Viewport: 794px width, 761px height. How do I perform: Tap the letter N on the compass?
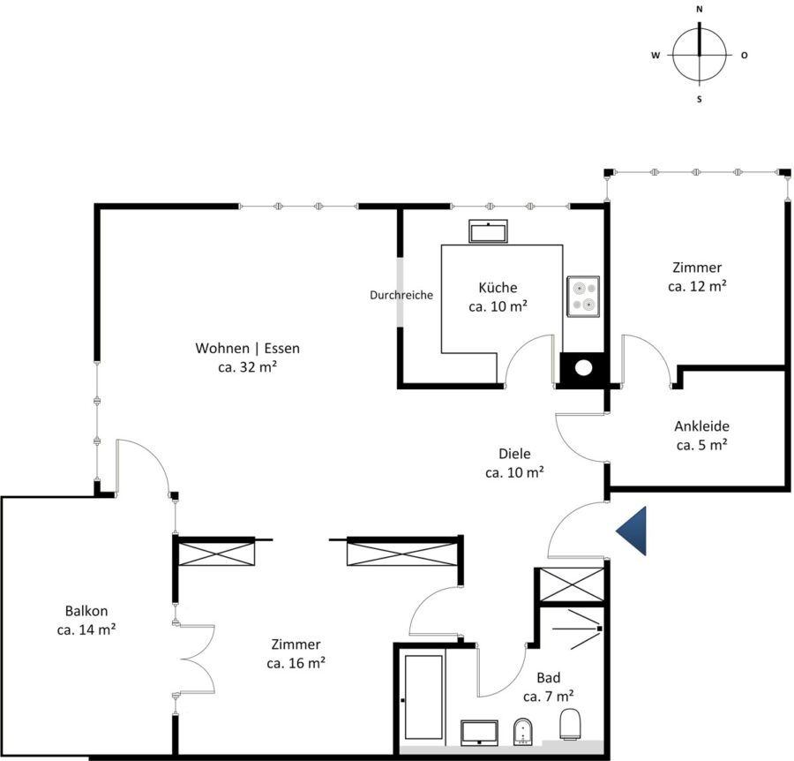(x=700, y=9)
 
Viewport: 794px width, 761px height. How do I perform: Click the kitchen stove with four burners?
(x=583, y=297)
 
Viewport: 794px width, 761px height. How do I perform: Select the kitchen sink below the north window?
(x=488, y=231)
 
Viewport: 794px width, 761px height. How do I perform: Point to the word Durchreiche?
(x=401, y=295)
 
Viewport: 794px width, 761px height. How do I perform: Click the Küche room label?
(x=498, y=287)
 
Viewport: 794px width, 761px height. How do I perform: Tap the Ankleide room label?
(x=701, y=426)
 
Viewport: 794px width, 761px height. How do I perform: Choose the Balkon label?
(x=86, y=611)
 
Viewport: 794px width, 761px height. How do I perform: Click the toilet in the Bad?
(x=570, y=724)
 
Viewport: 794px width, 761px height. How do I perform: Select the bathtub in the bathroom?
(x=423, y=697)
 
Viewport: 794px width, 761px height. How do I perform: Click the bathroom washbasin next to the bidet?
(x=479, y=733)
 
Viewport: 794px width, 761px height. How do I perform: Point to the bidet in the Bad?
(x=522, y=732)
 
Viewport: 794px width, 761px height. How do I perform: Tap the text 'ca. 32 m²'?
(x=247, y=367)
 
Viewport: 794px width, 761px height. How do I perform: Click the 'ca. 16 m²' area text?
(x=296, y=663)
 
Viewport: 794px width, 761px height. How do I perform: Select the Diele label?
(x=514, y=454)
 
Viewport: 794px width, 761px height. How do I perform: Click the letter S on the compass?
(x=700, y=99)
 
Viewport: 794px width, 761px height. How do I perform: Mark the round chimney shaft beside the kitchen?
(x=583, y=368)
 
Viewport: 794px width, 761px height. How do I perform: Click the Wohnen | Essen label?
(x=247, y=348)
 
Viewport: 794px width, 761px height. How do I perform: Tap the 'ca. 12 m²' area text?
(x=697, y=286)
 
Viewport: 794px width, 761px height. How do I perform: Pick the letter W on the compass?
(x=655, y=56)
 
